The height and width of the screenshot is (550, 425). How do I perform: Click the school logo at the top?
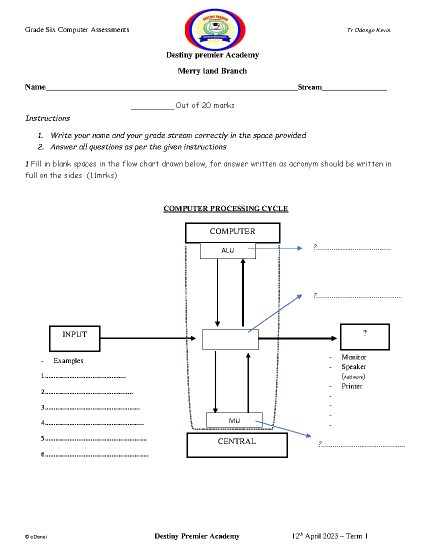tap(215, 29)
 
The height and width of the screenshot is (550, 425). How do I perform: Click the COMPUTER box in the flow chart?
tap(232, 232)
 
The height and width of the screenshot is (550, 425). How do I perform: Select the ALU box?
tap(227, 250)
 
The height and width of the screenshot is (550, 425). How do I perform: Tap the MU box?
tap(234, 420)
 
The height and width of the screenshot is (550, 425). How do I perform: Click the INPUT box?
tap(75, 338)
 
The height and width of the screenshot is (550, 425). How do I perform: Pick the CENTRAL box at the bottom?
tap(237, 445)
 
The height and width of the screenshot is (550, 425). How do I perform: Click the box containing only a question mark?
tap(365, 336)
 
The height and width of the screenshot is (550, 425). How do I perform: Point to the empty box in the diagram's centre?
tap(230, 339)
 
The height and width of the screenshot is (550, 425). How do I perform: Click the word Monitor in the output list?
tap(354, 357)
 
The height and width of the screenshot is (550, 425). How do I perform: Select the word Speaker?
tap(353, 367)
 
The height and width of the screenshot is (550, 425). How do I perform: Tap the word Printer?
tap(352, 386)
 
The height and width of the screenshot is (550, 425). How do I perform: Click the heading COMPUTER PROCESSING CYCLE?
tap(226, 209)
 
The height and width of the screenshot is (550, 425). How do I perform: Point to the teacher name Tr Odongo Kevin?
tap(369, 30)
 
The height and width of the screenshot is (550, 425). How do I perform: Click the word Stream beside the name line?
tap(310, 87)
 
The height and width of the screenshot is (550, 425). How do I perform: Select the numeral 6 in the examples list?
tap(42, 454)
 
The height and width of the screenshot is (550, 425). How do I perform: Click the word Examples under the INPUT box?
tap(68, 361)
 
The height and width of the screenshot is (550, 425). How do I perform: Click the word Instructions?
tap(47, 118)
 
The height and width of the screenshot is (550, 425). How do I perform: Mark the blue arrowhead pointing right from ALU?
tap(300, 248)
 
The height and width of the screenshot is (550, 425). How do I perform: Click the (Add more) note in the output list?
tap(353, 377)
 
